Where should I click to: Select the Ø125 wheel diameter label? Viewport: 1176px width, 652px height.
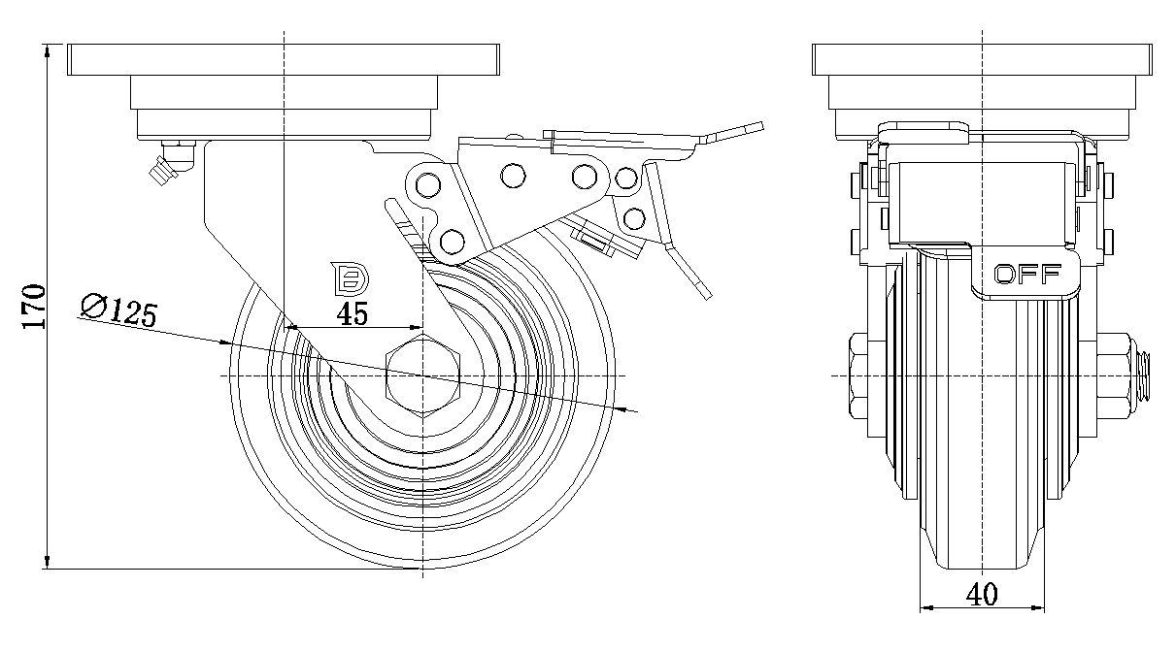click(118, 310)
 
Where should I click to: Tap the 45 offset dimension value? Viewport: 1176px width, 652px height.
click(351, 314)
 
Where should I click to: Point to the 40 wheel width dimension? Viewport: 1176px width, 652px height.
click(983, 595)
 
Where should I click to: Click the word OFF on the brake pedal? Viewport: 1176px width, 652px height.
click(1027, 275)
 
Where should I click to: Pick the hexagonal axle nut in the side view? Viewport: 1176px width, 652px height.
click(422, 376)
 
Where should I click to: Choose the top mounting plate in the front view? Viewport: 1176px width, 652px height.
click(983, 60)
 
